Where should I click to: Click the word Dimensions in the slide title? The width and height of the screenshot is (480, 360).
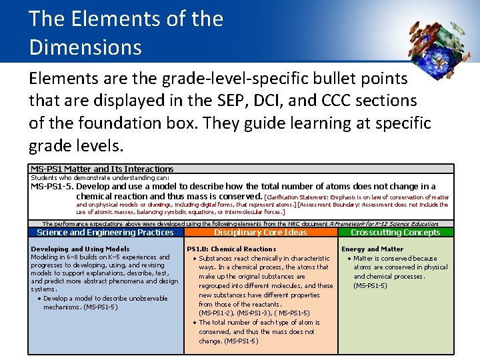pos(85,47)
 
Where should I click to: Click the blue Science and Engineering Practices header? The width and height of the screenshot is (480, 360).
pos(105,233)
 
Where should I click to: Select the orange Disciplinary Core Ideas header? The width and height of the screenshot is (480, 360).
pos(261,233)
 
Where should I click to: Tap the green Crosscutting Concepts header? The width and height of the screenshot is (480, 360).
pos(395,233)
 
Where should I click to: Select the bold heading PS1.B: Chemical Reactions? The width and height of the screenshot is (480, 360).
pos(231,249)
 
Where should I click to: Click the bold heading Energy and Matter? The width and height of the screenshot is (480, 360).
pos(372,249)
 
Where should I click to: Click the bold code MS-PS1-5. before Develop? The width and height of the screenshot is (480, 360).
pos(52,187)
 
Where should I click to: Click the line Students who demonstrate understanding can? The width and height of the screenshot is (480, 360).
pos(100,178)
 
